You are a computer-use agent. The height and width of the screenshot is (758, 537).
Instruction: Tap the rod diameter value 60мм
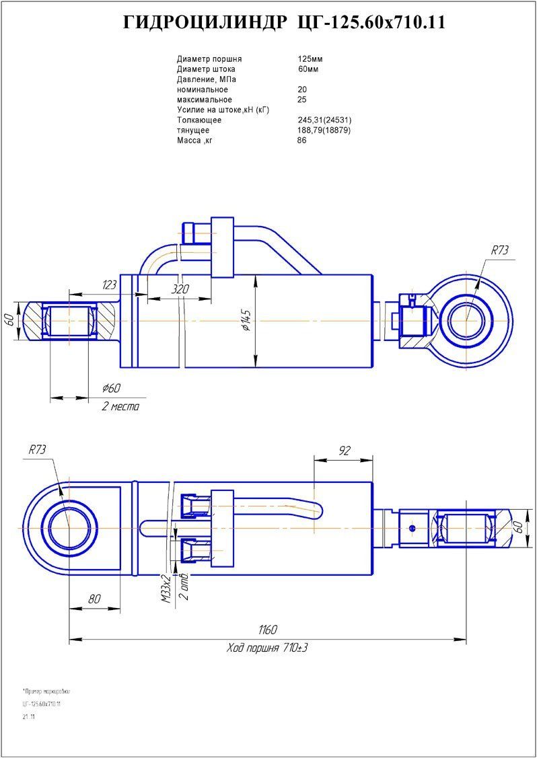(308, 69)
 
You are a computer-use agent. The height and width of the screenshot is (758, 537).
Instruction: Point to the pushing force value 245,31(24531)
(324, 120)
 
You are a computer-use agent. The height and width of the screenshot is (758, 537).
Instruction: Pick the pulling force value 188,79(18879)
(324, 130)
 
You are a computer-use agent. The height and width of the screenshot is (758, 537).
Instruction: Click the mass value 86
(301, 141)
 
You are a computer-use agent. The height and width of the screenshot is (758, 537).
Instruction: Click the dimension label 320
(180, 289)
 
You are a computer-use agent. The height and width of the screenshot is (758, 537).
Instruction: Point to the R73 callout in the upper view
(499, 250)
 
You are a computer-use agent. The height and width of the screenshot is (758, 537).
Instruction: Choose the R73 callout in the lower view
(38, 450)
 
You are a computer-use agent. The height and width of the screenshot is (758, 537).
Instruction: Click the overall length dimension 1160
(267, 630)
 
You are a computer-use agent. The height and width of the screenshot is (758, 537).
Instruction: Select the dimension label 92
(344, 451)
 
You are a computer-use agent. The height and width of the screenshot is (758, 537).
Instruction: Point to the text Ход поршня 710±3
(267, 648)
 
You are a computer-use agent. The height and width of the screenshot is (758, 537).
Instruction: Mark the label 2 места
(120, 407)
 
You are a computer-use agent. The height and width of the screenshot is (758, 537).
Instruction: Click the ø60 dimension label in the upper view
(111, 389)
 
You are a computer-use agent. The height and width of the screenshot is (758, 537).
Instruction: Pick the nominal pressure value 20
(302, 89)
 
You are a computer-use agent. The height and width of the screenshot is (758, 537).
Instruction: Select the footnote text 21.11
(28, 717)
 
